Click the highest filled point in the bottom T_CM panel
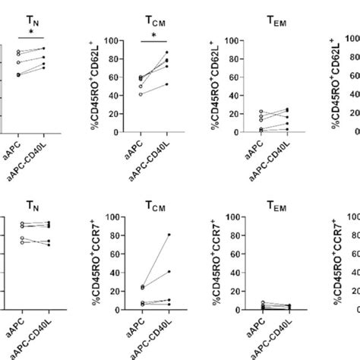click(168, 235)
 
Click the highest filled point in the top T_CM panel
click(168, 52)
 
